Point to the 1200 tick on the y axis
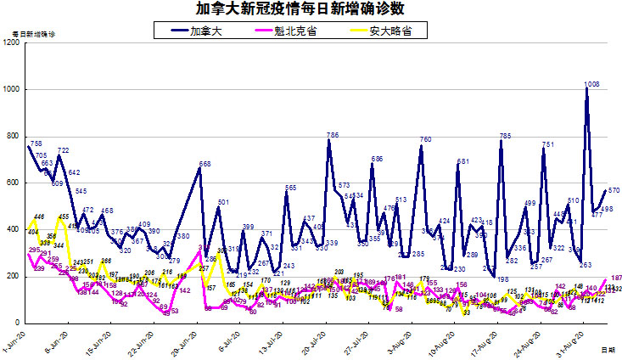click(12, 42)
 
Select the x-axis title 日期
click(608, 349)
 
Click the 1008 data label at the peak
click(591, 84)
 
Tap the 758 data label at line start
click(36, 143)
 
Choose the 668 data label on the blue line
click(205, 164)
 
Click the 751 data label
click(548, 145)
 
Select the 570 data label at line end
click(613, 191)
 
